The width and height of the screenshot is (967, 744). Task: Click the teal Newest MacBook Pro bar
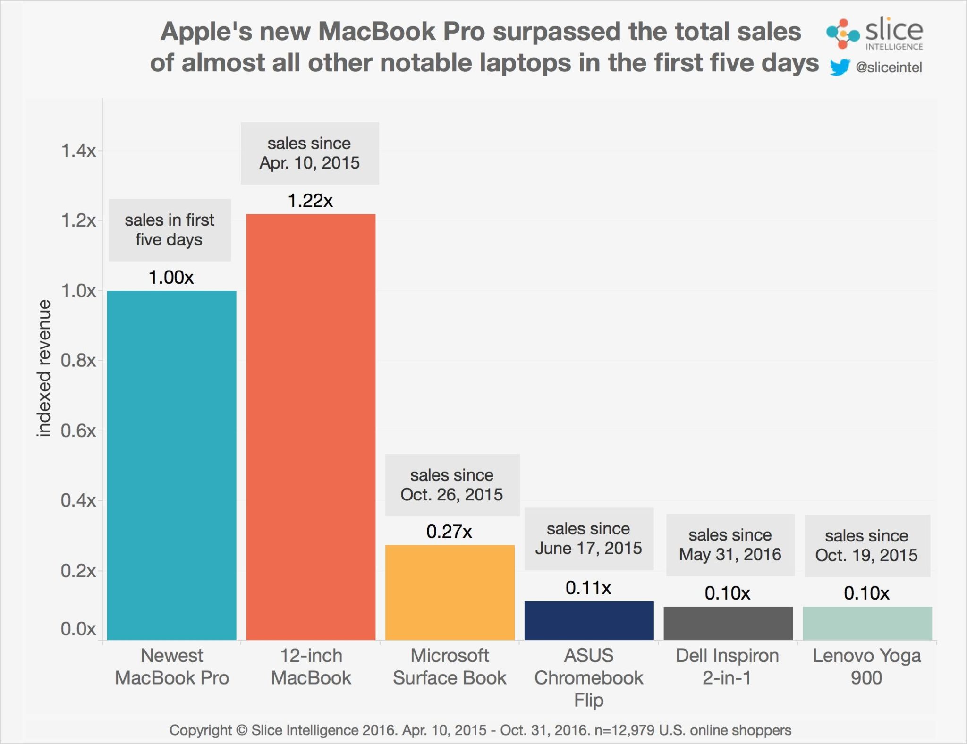171,465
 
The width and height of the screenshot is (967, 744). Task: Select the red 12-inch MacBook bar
311,427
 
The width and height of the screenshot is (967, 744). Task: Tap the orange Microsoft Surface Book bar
450,592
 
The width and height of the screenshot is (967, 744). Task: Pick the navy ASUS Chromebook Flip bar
589,620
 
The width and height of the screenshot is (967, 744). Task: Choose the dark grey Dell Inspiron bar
728,623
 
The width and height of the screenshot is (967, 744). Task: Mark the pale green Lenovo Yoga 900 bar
867,623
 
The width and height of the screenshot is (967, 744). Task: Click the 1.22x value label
310,201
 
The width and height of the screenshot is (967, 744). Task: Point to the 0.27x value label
449,532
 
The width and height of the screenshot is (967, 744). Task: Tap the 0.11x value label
588,588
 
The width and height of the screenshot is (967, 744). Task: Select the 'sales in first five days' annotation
170,230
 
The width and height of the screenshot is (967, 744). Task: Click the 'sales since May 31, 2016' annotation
730,545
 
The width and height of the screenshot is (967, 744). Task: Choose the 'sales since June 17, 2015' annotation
588,539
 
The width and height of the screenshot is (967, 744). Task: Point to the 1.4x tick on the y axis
78,151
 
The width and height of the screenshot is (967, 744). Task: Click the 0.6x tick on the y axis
78,431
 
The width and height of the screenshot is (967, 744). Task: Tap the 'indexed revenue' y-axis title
44,368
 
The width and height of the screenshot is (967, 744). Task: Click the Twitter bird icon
840,67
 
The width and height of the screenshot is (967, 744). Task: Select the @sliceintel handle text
889,68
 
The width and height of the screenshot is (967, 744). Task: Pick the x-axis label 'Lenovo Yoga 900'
866,667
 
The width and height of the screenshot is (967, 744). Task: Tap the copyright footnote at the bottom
480,730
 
